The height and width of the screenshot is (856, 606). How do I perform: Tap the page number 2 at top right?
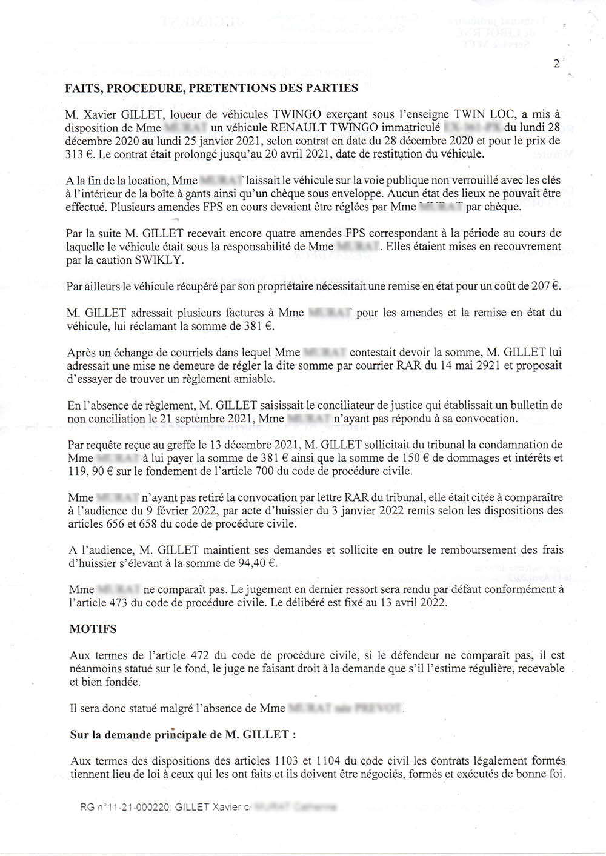pos(556,64)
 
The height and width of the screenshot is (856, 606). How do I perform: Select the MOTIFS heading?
pos(93,629)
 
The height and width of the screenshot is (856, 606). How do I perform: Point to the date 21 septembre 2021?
pos(207,419)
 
